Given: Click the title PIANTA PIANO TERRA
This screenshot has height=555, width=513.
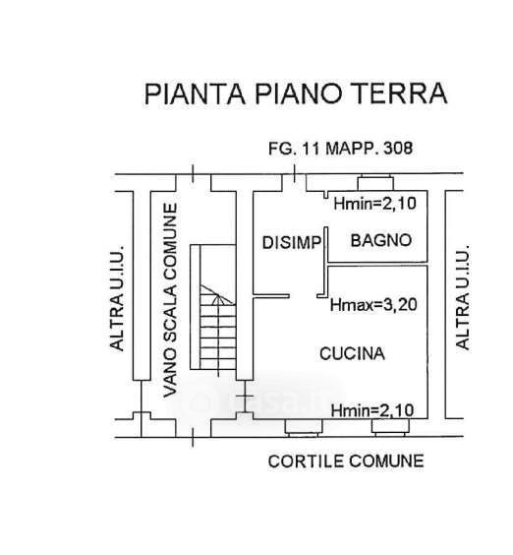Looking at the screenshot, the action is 296,93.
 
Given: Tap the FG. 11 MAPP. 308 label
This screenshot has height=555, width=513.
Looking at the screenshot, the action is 340,149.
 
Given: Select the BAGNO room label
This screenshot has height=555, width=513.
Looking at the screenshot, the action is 381,241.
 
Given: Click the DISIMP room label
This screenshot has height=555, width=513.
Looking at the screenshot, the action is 292,243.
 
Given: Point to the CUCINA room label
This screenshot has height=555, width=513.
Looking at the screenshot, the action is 352,353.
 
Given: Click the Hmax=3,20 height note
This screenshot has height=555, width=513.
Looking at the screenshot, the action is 373,305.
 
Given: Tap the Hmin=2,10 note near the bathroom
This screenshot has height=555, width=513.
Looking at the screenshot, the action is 374,204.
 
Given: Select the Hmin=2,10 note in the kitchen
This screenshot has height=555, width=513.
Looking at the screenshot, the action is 371,410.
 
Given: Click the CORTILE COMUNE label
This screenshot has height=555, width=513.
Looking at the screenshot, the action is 346,462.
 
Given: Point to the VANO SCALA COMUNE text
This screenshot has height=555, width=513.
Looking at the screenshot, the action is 170,300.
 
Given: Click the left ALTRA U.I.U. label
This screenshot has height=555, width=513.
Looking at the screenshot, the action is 117,298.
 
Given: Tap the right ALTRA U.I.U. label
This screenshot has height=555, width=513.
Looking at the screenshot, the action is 463,297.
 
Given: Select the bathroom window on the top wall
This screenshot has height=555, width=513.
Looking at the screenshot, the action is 375,183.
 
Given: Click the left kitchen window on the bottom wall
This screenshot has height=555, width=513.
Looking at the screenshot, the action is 304,427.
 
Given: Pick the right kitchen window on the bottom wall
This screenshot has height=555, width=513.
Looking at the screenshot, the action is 390,427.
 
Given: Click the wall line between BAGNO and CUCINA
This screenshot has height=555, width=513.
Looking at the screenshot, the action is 377,264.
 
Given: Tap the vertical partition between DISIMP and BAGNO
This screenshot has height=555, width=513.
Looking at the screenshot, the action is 326,262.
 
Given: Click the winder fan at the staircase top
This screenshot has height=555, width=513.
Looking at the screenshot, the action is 217,295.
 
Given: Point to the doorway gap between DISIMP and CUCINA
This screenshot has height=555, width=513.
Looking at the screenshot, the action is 303,296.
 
